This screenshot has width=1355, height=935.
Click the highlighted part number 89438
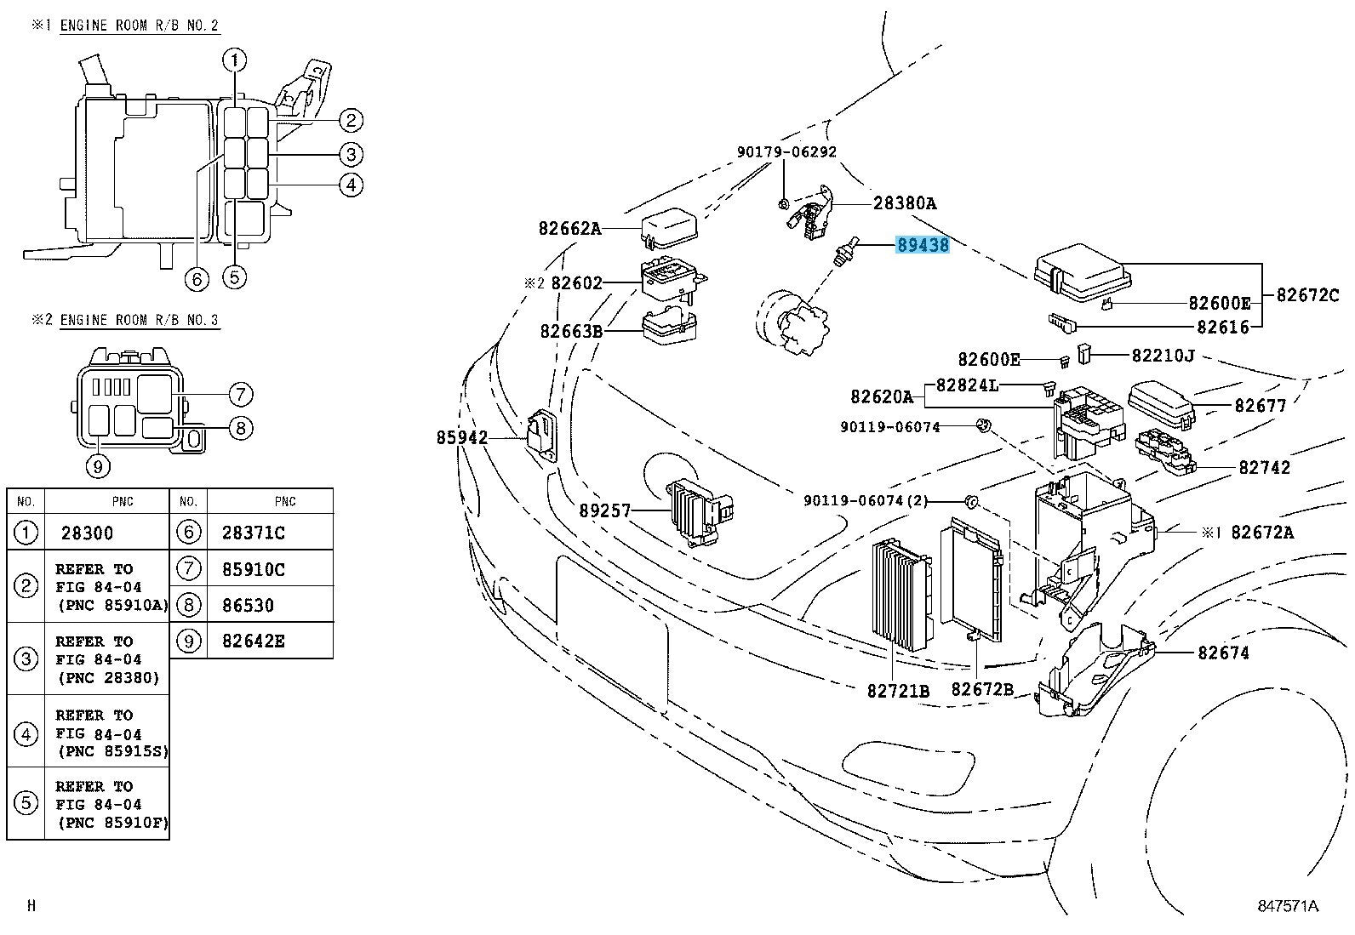(923, 246)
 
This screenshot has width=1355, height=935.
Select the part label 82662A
(569, 228)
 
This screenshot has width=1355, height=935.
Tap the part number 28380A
(905, 202)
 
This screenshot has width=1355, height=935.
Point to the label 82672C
(1307, 295)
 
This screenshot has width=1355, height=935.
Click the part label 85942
(462, 437)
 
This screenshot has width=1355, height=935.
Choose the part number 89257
(605, 510)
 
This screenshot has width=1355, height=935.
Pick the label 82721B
(899, 690)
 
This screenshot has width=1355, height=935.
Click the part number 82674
(1224, 653)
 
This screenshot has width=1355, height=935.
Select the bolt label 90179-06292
(786, 152)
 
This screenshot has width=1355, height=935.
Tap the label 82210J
(1163, 355)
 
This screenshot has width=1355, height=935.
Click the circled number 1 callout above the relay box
(235, 60)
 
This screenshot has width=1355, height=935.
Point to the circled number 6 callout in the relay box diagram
(197, 278)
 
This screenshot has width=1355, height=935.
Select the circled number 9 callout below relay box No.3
(99, 465)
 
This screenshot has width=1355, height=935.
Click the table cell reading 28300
(87, 533)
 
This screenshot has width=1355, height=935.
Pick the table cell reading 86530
(248, 605)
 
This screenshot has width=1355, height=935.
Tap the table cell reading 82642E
(253, 641)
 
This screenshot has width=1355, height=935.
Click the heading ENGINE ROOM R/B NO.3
(139, 320)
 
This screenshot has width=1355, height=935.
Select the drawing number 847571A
(1288, 906)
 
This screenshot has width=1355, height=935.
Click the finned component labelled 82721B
(900, 596)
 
